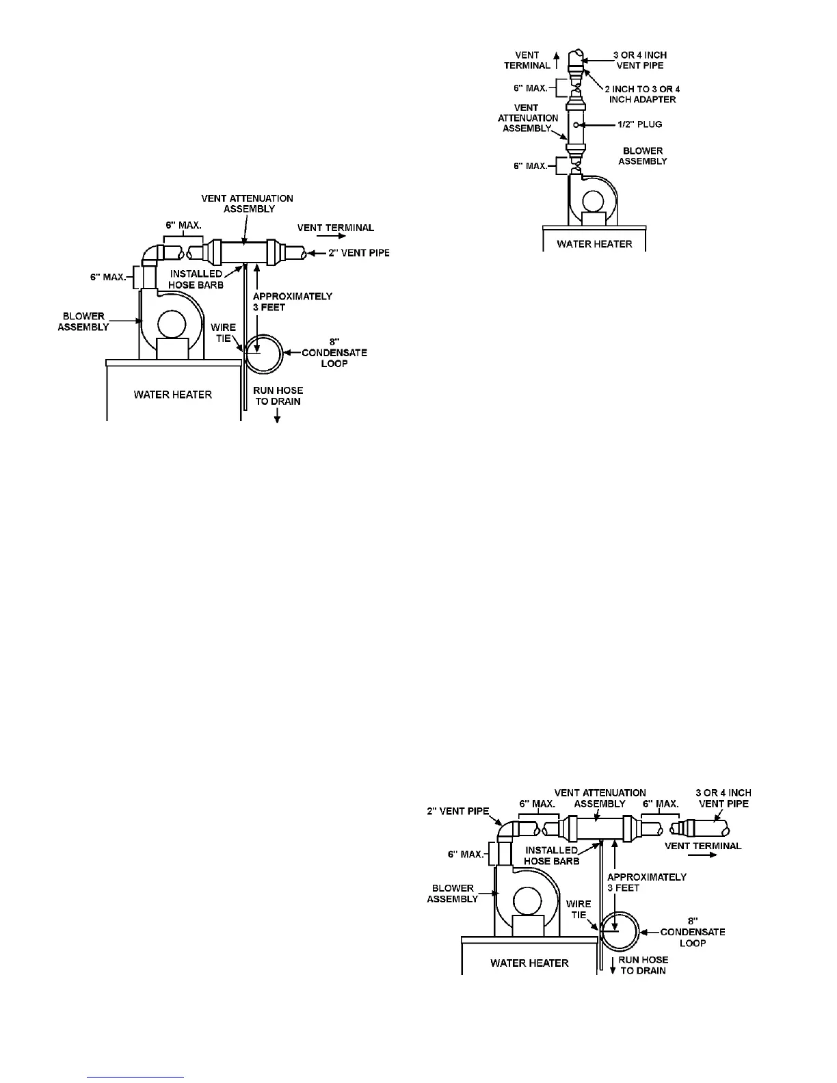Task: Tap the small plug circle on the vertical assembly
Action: tap(576, 124)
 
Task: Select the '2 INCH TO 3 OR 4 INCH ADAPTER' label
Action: tap(642, 94)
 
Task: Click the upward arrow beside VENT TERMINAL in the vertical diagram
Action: tap(557, 59)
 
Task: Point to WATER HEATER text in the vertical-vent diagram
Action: tap(594, 243)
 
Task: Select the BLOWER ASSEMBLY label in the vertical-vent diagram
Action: tap(643, 156)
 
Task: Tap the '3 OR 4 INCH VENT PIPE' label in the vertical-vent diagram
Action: tap(640, 60)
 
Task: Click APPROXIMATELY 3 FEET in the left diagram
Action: tap(293, 302)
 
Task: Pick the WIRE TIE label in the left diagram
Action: tap(223, 332)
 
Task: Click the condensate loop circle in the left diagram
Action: tap(263, 353)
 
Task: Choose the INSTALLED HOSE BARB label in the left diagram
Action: tap(196, 279)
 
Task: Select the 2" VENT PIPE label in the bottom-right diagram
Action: tap(458, 812)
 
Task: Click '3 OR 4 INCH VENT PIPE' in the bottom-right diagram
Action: tap(723, 798)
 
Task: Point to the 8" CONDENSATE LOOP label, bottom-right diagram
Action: tap(692, 932)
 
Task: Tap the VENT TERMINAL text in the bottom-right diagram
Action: tap(703, 846)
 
